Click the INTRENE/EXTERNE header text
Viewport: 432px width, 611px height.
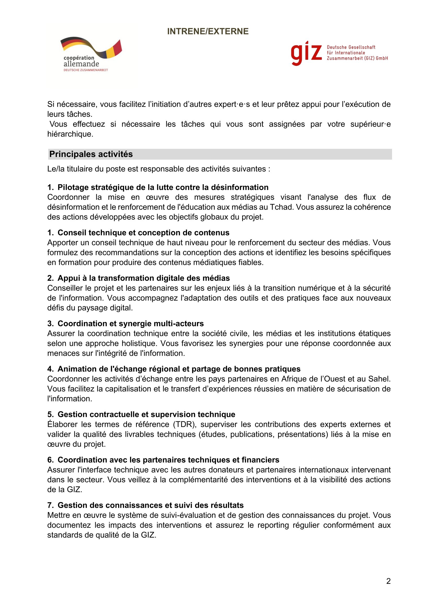click(x=208, y=31)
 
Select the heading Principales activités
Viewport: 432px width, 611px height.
click(x=91, y=154)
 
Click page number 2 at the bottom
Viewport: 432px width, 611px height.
click(x=388, y=581)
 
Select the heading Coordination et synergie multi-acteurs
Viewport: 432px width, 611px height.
click(x=131, y=324)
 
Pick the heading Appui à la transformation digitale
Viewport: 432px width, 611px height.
click(x=144, y=278)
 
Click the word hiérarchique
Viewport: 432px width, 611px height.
click(x=70, y=134)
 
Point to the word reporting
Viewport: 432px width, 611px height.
click(x=273, y=525)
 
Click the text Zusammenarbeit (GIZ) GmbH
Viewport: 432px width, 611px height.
click(x=357, y=58)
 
